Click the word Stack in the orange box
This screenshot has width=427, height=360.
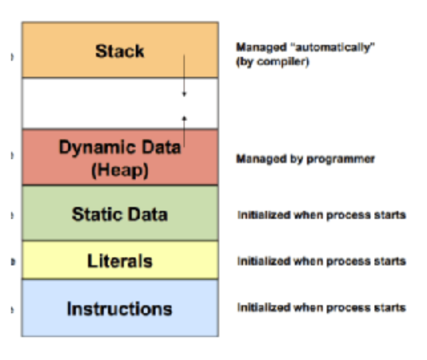tap(119, 51)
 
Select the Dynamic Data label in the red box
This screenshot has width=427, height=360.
tap(119, 147)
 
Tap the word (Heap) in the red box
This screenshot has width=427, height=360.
tap(119, 170)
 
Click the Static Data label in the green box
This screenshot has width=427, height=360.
tap(119, 214)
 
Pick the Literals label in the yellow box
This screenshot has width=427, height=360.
tap(119, 261)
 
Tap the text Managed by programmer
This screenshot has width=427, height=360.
tap(305, 159)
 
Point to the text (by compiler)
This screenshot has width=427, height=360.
tap(272, 61)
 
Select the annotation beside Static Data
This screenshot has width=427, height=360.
tap(322, 215)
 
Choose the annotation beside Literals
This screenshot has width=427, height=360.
tap(322, 261)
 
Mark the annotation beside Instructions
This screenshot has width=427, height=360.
tap(322, 307)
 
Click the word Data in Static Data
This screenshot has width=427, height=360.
tap(147, 214)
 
